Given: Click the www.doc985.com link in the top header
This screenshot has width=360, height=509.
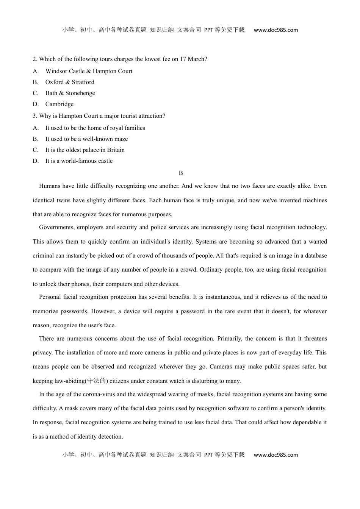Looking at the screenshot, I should [275, 30].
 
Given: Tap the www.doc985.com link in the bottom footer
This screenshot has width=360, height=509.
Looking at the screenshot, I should [275, 455].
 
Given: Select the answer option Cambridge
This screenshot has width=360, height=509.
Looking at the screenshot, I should [59, 104].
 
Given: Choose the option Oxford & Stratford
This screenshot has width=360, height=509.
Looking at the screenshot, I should [70, 82].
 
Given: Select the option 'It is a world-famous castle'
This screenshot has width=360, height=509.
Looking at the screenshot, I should [79, 161].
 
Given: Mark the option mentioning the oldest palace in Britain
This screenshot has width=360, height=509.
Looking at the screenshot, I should [85, 150].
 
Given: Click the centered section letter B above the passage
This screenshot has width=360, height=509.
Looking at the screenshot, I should [181, 173].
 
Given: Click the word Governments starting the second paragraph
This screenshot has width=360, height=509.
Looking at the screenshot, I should [56, 227].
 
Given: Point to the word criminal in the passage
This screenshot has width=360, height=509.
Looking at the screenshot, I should [43, 256].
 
